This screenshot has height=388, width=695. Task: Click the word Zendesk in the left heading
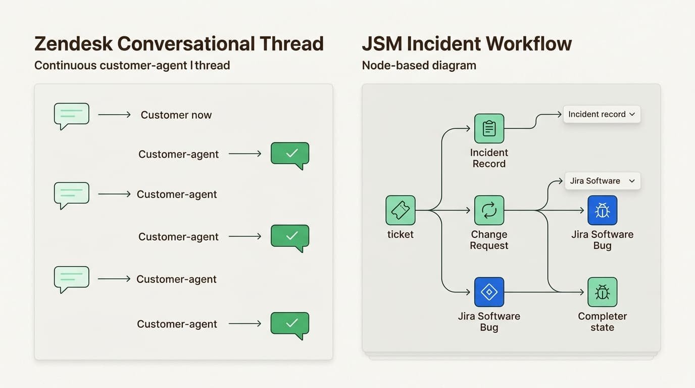pyautogui.click(x=73, y=44)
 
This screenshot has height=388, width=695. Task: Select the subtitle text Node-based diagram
pyautogui.click(x=419, y=66)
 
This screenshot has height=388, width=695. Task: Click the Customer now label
pyautogui.click(x=176, y=115)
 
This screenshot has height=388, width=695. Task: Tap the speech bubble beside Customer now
pyautogui.click(x=72, y=116)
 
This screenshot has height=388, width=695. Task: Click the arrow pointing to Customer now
pyautogui.click(x=114, y=115)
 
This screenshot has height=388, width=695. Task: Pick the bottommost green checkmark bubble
pyautogui.click(x=290, y=325)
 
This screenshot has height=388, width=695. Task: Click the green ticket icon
pyautogui.click(x=400, y=210)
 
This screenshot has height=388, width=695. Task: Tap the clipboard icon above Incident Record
pyautogui.click(x=489, y=128)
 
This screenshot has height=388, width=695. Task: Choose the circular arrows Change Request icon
pyautogui.click(x=489, y=210)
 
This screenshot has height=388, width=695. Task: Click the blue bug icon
pyautogui.click(x=602, y=210)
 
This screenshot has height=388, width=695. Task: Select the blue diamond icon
pyautogui.click(x=489, y=292)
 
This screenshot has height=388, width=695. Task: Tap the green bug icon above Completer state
pyautogui.click(x=602, y=292)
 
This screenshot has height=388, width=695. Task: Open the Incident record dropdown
pyautogui.click(x=602, y=114)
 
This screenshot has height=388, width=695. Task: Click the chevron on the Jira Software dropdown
pyautogui.click(x=631, y=181)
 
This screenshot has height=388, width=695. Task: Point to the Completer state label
pyautogui.click(x=602, y=322)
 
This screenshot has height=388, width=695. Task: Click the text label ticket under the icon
pyautogui.click(x=400, y=234)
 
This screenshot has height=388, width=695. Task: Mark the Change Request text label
pyautogui.click(x=489, y=240)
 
